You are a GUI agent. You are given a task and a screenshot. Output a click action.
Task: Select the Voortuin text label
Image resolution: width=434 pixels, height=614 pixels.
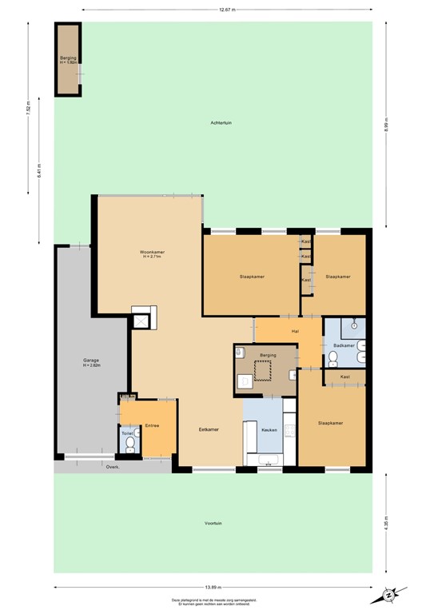pyautogui.click(x=213, y=524)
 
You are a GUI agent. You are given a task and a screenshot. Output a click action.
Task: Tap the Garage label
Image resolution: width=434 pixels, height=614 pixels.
pyautogui.click(x=91, y=361)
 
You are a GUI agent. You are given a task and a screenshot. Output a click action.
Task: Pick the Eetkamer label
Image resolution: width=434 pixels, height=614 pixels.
pyautogui.click(x=209, y=429)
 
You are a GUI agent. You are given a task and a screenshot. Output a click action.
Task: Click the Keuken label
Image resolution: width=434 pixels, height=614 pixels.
pyautogui.click(x=269, y=430)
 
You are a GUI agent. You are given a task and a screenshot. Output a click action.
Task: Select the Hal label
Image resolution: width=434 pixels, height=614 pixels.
pyautogui.click(x=295, y=330)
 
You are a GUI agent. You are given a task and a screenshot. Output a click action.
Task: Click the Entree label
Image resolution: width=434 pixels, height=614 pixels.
pyautogui.click(x=153, y=425)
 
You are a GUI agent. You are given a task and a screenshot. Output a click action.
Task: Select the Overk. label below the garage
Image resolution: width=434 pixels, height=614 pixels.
pyautogui.click(x=113, y=467)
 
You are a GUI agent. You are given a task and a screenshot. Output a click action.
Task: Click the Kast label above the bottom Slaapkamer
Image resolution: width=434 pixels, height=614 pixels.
pyautogui.click(x=344, y=377)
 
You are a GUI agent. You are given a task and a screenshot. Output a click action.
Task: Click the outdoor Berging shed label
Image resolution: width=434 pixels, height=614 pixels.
pyautogui.click(x=67, y=60)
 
